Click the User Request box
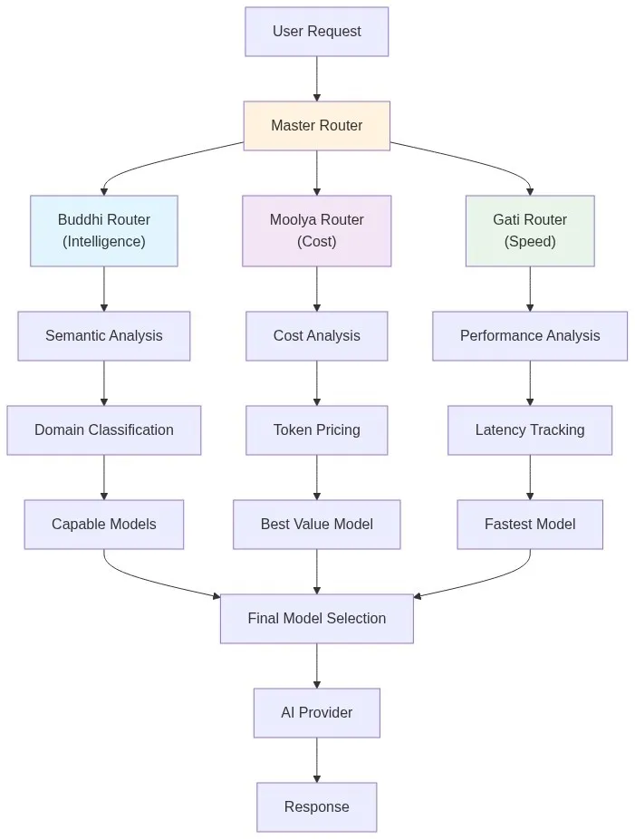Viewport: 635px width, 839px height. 316,32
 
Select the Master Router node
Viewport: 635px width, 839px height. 316,126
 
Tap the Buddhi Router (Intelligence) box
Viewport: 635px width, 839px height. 104,231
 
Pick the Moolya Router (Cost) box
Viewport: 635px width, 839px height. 316,231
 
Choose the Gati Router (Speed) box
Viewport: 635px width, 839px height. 530,231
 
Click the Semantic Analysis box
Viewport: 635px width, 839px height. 104,336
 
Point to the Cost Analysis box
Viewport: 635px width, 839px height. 316,336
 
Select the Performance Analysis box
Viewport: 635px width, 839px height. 530,336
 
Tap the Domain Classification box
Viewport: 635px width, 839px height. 104,430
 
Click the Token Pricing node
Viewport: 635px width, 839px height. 316,430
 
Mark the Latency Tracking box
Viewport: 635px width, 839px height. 530,430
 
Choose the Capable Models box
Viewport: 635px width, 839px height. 104,525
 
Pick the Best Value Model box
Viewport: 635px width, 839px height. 316,525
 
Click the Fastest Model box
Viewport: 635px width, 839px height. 530,525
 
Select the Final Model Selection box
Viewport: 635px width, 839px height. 316,619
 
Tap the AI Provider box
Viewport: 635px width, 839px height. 316,713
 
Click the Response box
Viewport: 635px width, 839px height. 316,807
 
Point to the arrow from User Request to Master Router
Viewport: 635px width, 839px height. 316,79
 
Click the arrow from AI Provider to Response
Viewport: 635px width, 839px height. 316,760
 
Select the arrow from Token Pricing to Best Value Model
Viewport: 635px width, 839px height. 316,477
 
